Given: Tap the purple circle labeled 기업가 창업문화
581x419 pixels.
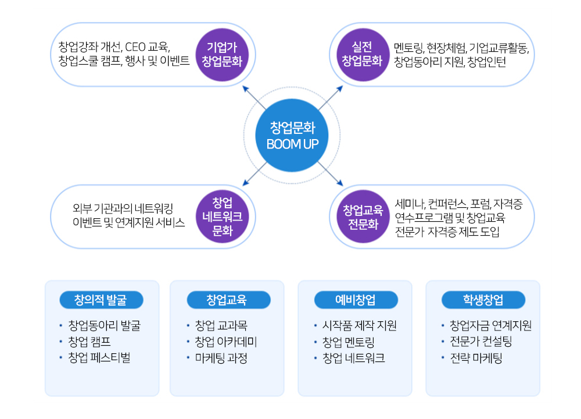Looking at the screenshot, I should [221, 54].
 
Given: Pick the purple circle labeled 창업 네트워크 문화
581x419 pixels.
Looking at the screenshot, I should [222, 217].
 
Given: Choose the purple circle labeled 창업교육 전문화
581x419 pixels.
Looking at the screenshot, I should [360, 217].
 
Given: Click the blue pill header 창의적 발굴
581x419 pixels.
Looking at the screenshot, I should [101, 300].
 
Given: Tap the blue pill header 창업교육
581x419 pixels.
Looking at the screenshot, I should [228, 300].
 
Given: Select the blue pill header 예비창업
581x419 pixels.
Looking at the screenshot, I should [355, 300].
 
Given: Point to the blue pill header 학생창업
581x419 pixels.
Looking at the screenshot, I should [483, 300].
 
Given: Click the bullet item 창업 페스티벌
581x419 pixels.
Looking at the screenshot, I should [99, 358].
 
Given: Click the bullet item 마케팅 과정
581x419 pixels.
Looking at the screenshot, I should [221, 358].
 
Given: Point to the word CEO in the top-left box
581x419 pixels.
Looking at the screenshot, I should [136, 47].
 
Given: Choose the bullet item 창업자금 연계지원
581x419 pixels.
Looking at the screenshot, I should [490, 325].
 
